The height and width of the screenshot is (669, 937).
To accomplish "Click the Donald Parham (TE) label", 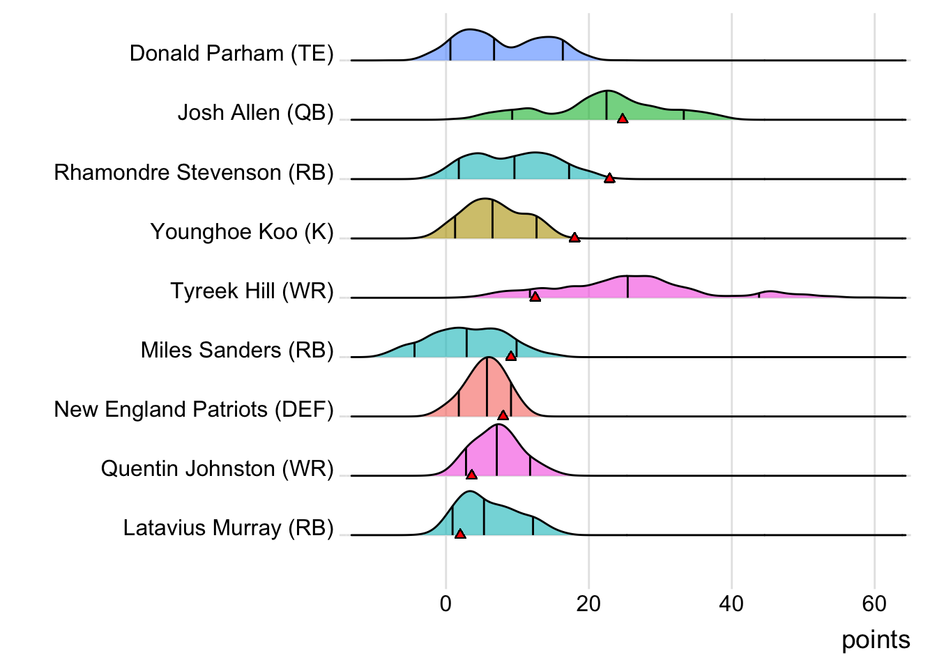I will coord(231,54).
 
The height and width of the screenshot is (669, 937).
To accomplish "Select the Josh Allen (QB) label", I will coord(255,113).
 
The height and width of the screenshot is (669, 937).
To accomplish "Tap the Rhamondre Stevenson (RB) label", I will coord(194,172).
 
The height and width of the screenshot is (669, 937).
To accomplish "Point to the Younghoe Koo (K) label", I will coord(242,231).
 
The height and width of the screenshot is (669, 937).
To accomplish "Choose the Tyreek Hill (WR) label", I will coord(252,291).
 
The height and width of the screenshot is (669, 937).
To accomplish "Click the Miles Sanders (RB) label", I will coord(237,350).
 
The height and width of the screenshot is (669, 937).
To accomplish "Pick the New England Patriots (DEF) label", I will coord(194,409).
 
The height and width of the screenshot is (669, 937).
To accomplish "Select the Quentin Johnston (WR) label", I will coord(217,468).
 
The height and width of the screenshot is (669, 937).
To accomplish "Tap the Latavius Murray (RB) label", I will coord(228,528).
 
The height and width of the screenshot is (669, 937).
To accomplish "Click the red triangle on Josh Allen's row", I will coord(623,118).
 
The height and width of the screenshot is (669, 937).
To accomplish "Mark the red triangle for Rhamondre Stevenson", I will coord(609,178).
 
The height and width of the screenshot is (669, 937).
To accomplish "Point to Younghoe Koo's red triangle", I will coord(574,238).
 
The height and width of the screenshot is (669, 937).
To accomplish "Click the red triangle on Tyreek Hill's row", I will coord(535,297).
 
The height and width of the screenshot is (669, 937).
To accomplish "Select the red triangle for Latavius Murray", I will coord(460,534).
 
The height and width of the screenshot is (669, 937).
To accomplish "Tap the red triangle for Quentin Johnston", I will coord(471,475).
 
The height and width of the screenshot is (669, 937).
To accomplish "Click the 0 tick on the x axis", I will coord(445,603).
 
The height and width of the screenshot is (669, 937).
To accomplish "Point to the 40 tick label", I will coord(731,603).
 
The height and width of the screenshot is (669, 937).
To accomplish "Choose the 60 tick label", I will coord(874,603).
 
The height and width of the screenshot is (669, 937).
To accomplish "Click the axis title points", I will coord(876,640).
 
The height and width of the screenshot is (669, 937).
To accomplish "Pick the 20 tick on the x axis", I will coord(588,603).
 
